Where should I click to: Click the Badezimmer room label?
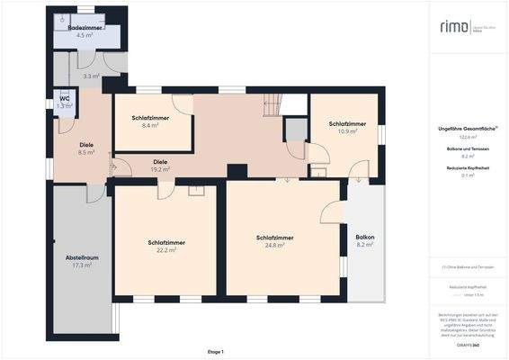[85, 29]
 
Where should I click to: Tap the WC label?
[65, 98]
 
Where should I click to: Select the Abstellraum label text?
[81, 257]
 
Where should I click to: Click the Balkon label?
[364, 237]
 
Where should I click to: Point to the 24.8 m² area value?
[275, 245]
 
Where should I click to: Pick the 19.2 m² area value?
[161, 168]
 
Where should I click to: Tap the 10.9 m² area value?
[347, 130]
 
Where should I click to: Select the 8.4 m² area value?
[149, 126]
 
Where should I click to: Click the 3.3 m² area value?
[91, 76]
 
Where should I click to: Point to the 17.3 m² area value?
[82, 265]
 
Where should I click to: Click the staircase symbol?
[272, 106]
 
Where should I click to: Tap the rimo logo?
[454, 27]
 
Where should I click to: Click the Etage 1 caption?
[215, 351]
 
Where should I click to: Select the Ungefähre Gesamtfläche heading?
[468, 128]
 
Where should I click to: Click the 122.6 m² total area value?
[467, 136]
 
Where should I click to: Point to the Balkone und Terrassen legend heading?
[467, 148]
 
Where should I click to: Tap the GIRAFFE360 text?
[466, 346]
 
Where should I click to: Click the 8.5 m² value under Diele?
[86, 153]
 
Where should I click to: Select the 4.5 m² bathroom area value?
[85, 36]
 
